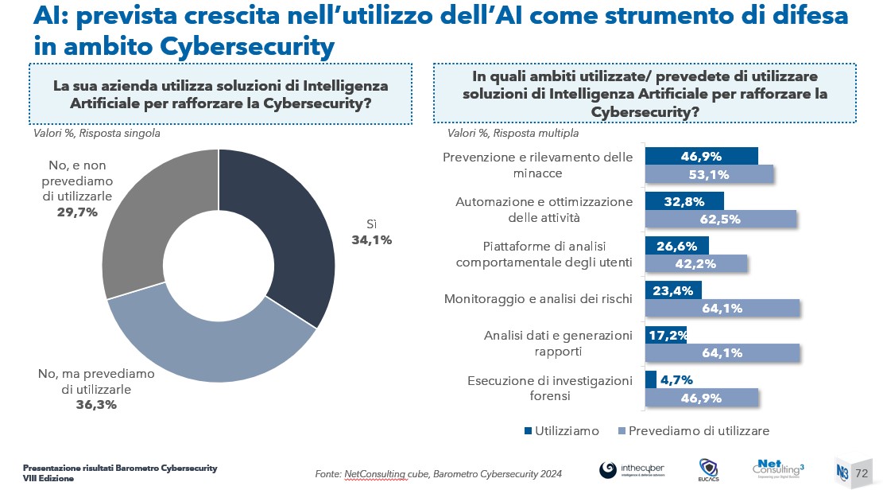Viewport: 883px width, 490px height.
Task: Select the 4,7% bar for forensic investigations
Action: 651,379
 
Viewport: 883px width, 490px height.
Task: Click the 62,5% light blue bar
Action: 720,220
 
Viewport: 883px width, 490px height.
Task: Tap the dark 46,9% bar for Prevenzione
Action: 701,156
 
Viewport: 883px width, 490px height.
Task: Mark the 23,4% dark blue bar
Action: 673,290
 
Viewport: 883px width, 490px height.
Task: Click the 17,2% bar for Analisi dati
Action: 665,335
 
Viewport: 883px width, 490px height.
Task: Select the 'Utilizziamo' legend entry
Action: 562,430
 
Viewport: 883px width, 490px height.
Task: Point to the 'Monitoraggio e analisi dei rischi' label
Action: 537,299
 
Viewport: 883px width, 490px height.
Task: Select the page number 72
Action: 862,472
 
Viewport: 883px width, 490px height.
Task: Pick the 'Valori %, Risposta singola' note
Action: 96,133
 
